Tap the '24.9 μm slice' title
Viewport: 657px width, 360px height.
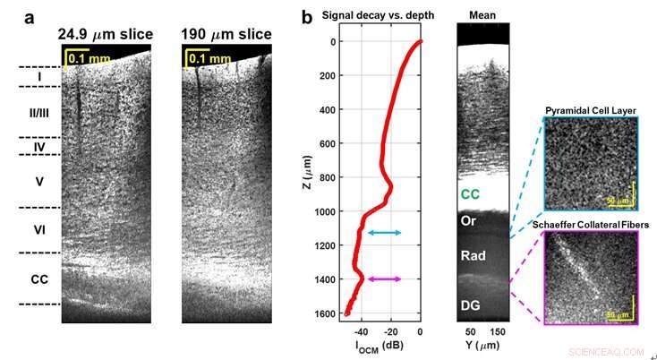click(x=105, y=35)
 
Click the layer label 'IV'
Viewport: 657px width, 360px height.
click(x=38, y=146)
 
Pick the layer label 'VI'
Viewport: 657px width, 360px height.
click(x=38, y=230)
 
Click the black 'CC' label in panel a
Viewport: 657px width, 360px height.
click(x=38, y=279)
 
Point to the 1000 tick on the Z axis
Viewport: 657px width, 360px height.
click(x=337, y=211)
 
